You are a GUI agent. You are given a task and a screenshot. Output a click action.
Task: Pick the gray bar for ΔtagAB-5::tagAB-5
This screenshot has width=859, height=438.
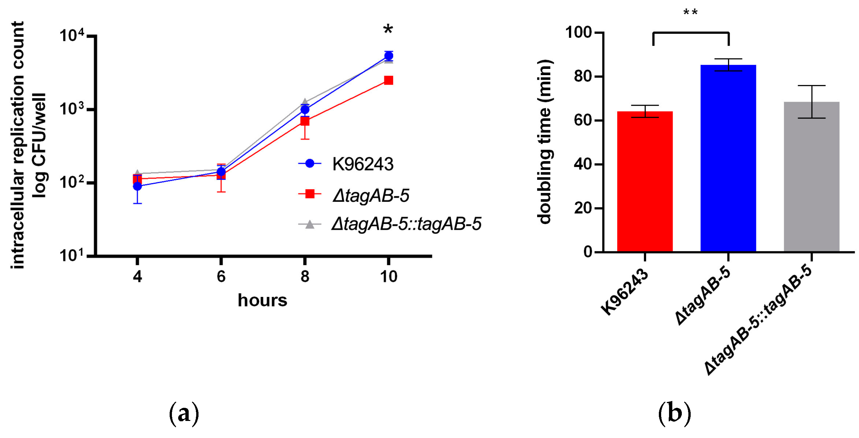coord(811,177)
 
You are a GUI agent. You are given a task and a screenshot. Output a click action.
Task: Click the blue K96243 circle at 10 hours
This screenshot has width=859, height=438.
coord(388,56)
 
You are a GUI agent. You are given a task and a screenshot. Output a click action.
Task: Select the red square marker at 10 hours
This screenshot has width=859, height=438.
coord(388,80)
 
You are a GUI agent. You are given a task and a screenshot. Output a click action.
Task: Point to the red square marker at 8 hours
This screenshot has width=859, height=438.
coord(304,121)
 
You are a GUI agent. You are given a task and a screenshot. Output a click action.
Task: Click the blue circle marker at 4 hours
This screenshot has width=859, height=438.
coord(137,186)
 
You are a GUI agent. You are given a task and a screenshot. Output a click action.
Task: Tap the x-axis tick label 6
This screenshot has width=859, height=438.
coord(221,277)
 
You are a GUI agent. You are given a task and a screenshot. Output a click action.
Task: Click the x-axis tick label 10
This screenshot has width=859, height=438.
coord(388,277)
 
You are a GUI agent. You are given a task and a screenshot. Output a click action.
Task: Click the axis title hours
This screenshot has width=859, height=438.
coord(262,300)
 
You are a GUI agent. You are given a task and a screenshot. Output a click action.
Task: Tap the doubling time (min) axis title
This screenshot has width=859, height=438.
coord(545,142)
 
